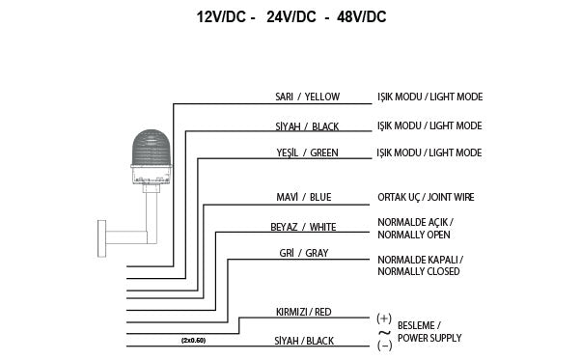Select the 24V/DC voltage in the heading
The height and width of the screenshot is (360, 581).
tap(290, 17)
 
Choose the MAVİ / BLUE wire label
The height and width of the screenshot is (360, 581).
tap(304, 198)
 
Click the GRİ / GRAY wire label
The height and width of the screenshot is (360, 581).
tap(304, 253)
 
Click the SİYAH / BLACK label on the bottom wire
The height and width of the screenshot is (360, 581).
tap(304, 341)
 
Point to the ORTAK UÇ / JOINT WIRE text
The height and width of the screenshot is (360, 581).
tap(426, 198)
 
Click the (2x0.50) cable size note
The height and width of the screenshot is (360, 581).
tap(193, 340)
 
